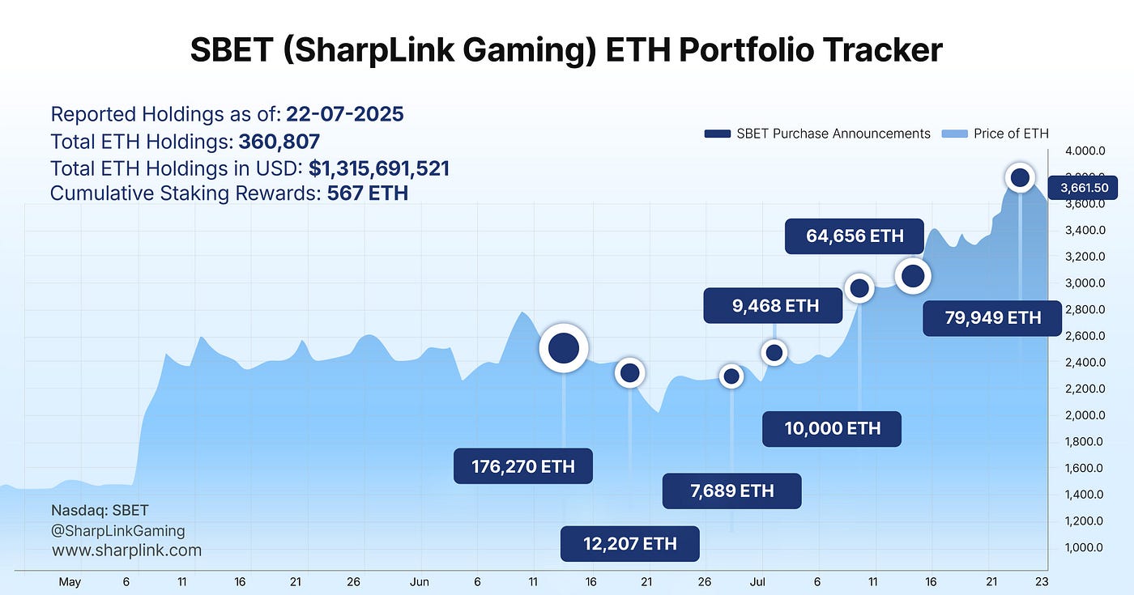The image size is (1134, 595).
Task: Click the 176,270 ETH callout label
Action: [522, 466]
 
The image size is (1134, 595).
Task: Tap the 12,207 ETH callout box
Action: [629, 543]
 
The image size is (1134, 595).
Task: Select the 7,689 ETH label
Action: [731, 491]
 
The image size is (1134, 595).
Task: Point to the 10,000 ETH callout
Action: [831, 428]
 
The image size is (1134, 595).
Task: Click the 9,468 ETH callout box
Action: [773, 306]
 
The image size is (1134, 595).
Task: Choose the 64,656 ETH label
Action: [854, 236]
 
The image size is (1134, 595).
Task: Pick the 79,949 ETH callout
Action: [992, 317]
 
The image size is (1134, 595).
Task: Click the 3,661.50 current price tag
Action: [1089, 188]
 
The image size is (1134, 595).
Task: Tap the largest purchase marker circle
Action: [564, 348]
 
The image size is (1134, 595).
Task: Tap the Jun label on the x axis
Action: [419, 581]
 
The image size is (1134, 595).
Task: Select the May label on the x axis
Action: [70, 581]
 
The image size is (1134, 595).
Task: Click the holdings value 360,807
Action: [279, 142]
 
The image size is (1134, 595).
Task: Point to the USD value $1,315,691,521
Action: [378, 168]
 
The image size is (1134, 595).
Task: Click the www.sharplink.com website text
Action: [126, 550]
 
